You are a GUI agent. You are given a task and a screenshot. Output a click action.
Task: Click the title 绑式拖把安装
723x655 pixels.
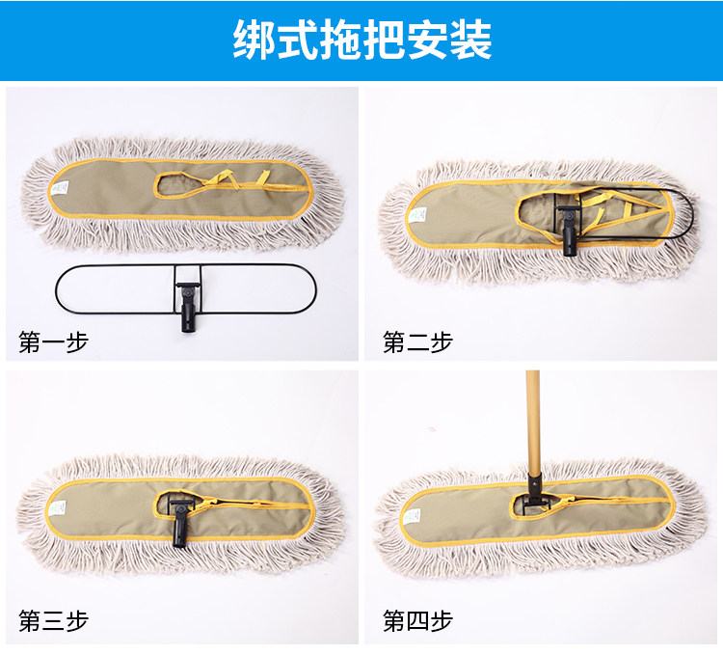coord(361,40)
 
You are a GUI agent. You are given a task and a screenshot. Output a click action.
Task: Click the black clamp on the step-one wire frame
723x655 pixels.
coord(186,304)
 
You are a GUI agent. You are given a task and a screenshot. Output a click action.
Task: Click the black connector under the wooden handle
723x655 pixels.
coord(533,490)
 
